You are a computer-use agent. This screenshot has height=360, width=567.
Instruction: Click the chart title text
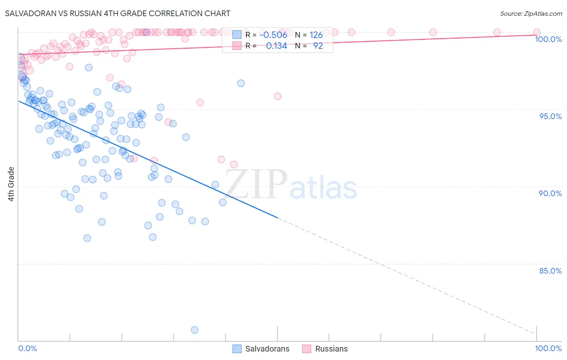click(117, 13)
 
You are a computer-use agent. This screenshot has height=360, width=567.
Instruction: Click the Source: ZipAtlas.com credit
click(531, 13)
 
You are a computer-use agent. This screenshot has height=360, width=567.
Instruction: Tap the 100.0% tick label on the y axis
click(548, 39)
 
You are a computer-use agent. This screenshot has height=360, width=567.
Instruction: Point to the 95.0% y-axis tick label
click(550, 116)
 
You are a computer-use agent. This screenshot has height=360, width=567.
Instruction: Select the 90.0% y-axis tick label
click(550, 193)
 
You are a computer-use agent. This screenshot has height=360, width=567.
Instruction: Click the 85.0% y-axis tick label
click(550, 271)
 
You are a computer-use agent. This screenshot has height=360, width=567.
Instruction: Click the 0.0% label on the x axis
click(27, 348)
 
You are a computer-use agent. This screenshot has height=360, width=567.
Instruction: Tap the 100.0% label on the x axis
click(548, 348)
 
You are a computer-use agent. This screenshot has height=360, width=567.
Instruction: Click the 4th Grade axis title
click(11, 184)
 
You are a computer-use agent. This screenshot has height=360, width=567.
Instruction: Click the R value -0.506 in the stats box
click(273, 35)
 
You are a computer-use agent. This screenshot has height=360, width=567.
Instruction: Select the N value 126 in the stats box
click(316, 35)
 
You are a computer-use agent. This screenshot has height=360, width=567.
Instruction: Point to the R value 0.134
click(276, 46)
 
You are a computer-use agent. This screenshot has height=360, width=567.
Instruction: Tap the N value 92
click(318, 46)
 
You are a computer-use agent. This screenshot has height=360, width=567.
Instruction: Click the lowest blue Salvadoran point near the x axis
click(194, 330)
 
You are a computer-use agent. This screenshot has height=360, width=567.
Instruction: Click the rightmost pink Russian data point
click(537, 32)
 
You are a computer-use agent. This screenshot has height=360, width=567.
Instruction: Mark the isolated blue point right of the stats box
click(241, 83)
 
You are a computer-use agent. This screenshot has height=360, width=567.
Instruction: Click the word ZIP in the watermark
click(256, 184)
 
